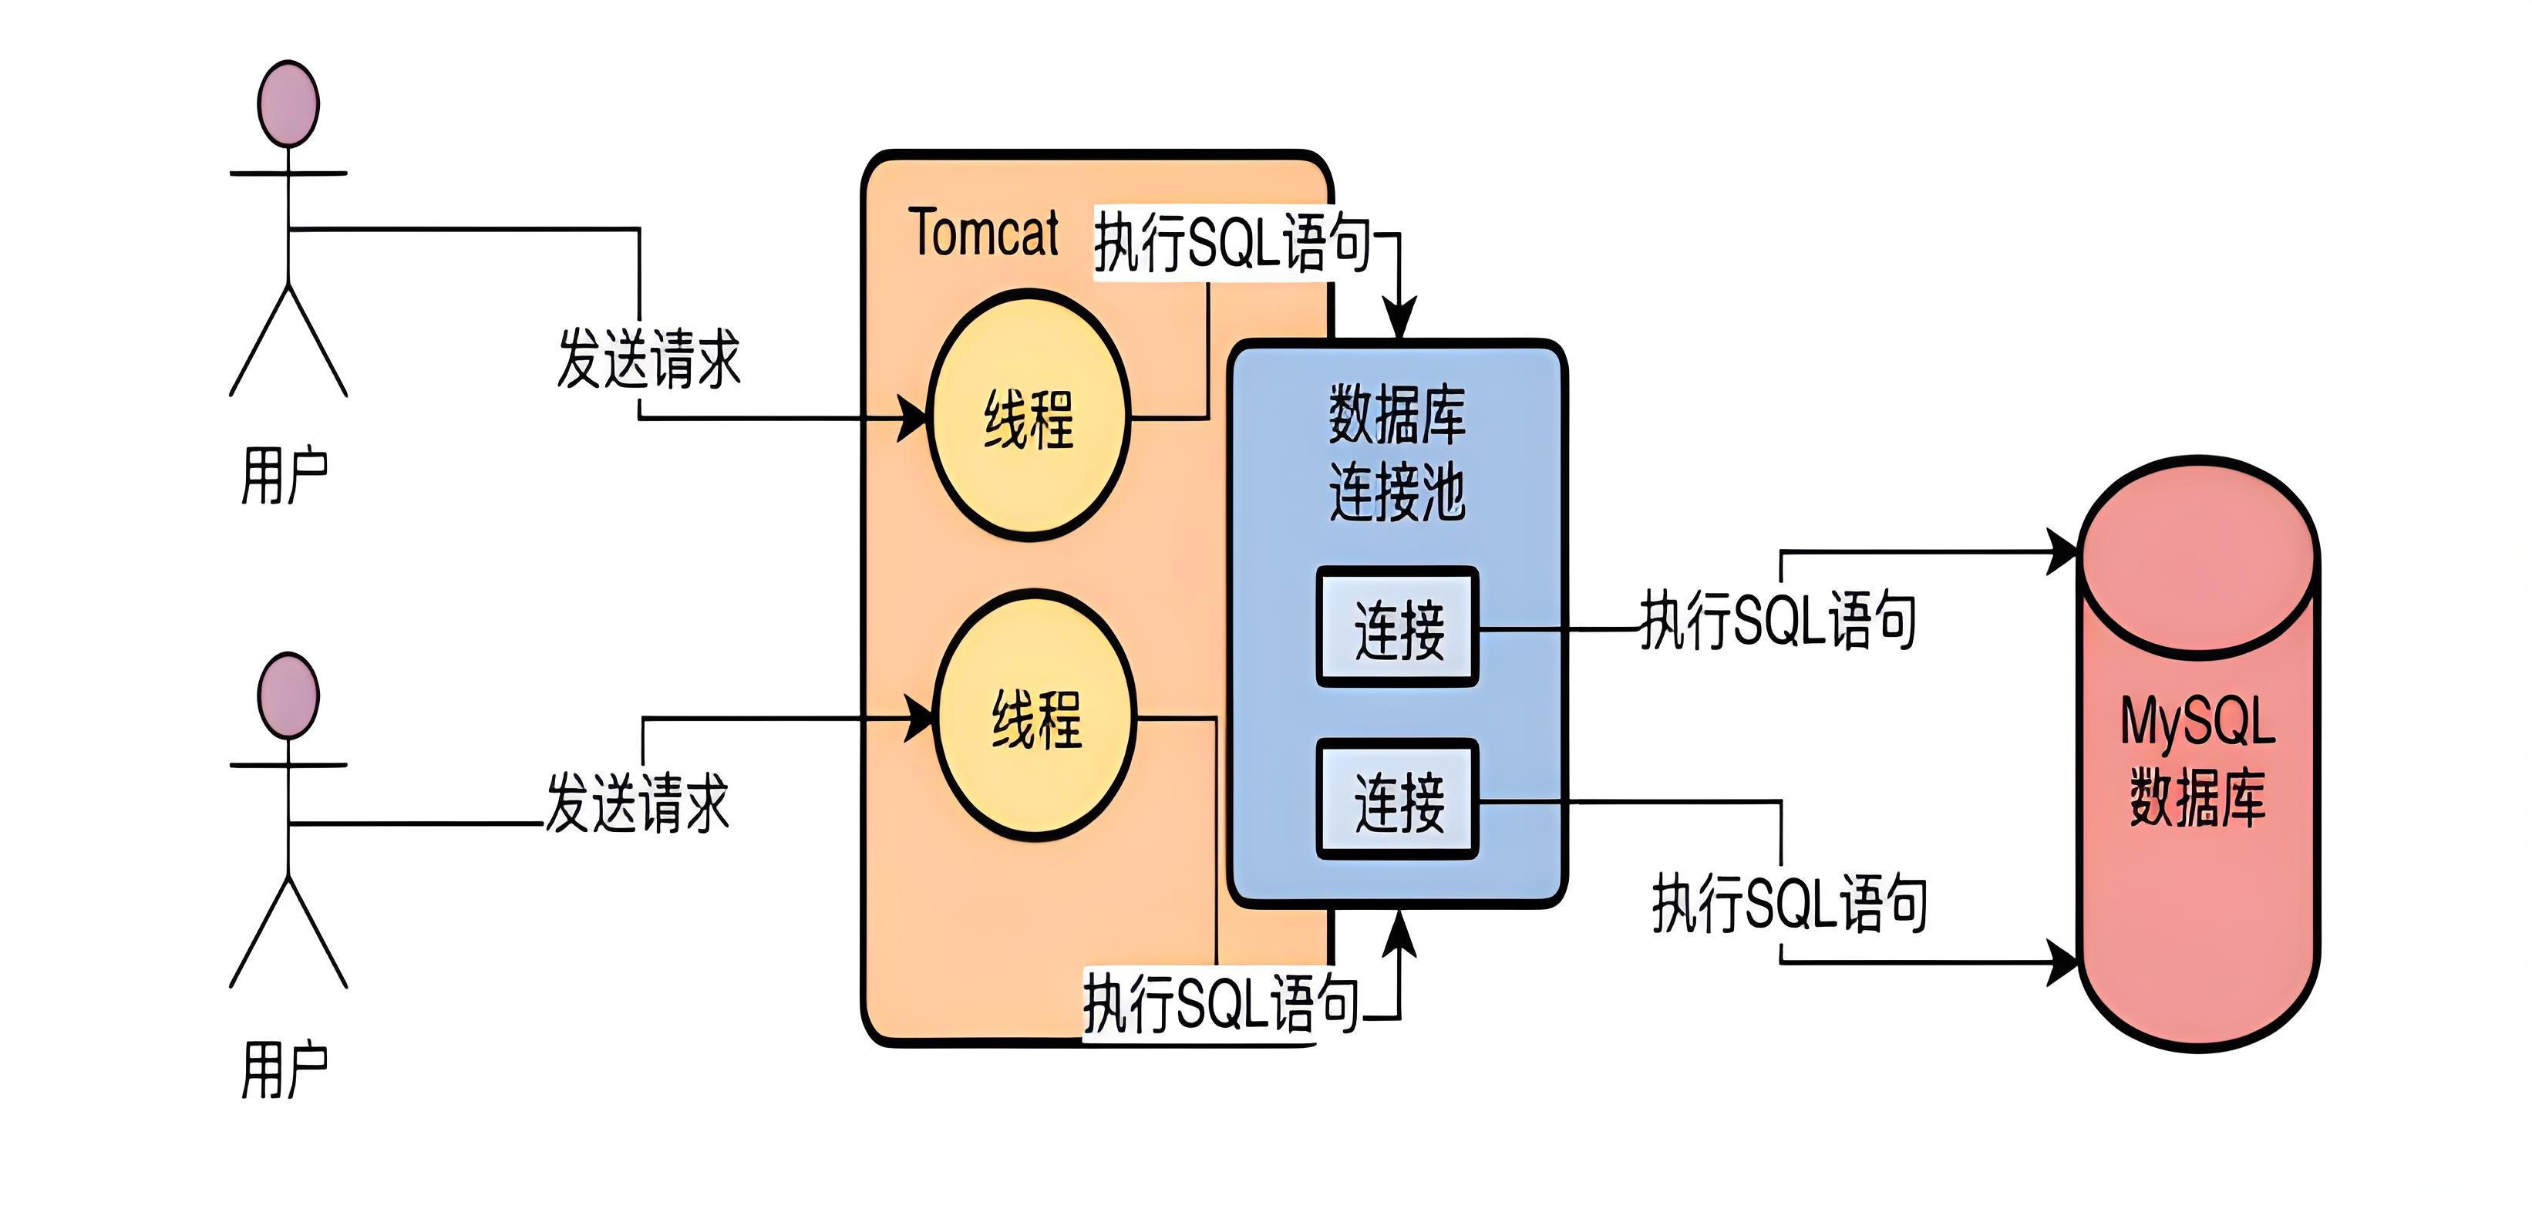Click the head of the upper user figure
288,104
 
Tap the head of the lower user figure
288,696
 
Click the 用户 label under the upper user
285,476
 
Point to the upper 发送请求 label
648,359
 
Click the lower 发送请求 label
638,803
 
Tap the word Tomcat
983,234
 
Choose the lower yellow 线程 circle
1035,716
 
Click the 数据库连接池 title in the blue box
1397,453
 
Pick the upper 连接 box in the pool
1398,627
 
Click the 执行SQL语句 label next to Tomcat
1233,243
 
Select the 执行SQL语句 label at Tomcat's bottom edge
1221,1003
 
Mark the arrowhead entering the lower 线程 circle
920,719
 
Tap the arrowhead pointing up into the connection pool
1399,931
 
